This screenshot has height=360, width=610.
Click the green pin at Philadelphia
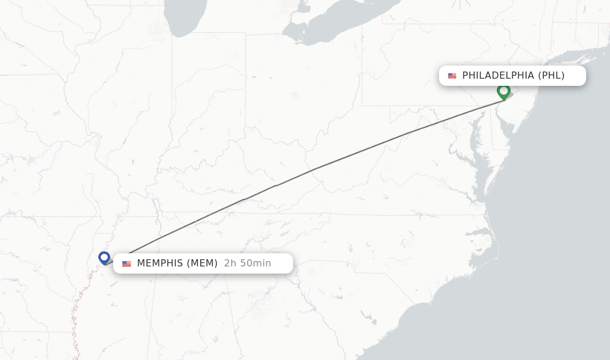[x=504, y=92]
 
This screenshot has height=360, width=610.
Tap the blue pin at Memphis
[x=104, y=257]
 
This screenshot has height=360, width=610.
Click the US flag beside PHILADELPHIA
[x=452, y=76]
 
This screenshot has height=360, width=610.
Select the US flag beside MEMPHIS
[x=126, y=263]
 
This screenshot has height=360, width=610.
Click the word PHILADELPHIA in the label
[x=498, y=76]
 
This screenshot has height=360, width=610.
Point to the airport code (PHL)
[x=551, y=76]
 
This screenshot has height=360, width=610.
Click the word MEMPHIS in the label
[x=160, y=263]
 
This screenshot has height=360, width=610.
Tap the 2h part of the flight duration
[x=231, y=263]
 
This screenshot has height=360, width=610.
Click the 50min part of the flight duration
[x=257, y=263]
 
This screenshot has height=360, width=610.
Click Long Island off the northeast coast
[x=572, y=60]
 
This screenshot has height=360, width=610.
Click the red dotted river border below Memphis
[x=76, y=316]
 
